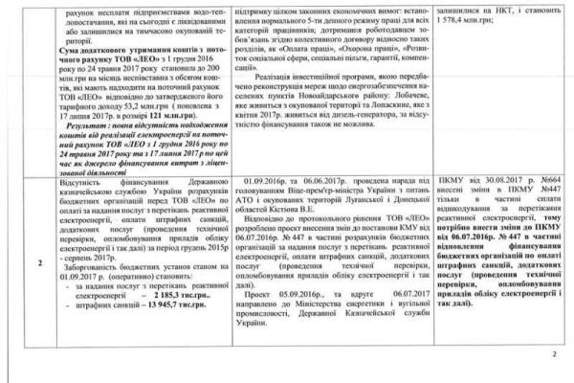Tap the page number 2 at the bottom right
pos(559,356)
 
